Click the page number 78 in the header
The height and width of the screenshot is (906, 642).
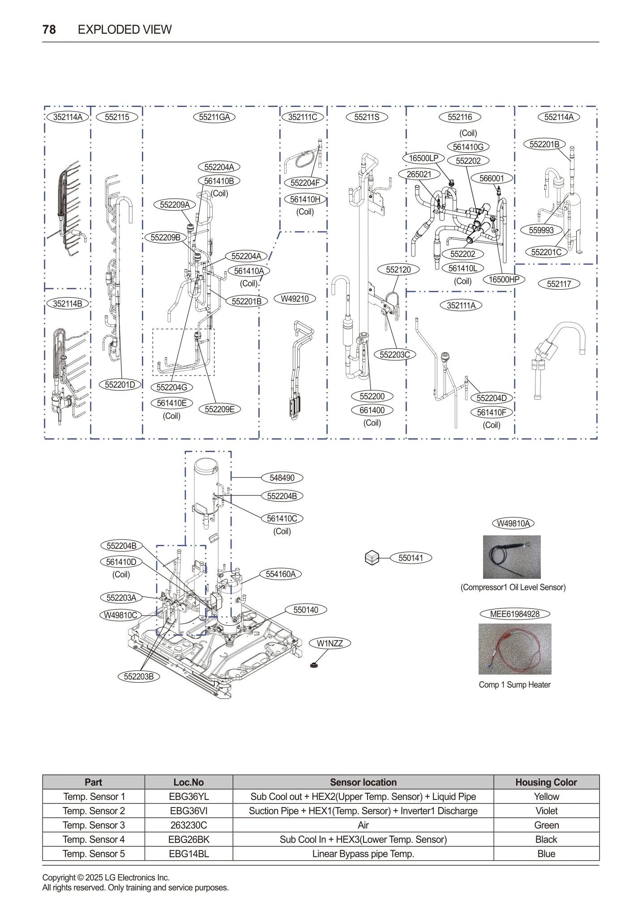point(49,30)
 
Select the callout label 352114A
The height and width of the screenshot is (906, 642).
point(68,117)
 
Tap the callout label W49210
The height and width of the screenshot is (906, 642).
point(295,299)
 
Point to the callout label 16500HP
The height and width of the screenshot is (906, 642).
point(504,280)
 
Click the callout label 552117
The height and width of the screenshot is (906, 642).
point(559,284)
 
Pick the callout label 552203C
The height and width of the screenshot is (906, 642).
point(394,355)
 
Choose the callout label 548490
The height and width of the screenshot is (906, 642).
point(282,478)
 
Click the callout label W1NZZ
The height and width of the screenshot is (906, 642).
point(330,643)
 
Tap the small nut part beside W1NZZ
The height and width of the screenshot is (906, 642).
point(314,665)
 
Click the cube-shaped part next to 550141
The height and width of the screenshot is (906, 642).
point(372,558)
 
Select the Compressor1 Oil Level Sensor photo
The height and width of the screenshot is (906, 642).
point(511,557)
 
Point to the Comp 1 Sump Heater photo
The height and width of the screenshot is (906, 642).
point(514,649)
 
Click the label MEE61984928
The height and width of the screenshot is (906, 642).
point(514,614)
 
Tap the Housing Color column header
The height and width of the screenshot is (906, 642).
point(546,782)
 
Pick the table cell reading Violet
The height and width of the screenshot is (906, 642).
point(546,811)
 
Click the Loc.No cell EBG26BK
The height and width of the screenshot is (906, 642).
point(188,839)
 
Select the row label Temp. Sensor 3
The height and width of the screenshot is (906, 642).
point(94,825)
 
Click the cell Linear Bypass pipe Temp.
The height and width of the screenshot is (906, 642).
point(363,854)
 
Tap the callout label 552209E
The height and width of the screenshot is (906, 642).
point(219,409)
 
